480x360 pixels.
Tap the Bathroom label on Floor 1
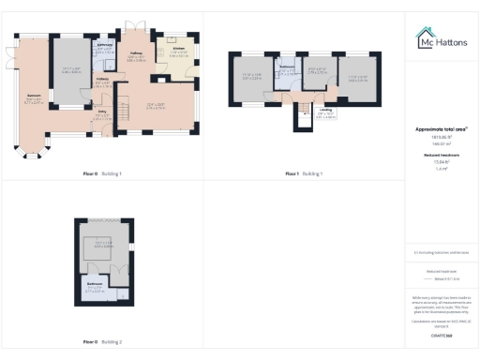point(288,68)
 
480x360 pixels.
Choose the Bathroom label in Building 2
point(95,284)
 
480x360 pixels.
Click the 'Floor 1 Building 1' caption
point(303,173)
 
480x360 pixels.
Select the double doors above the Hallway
point(131,25)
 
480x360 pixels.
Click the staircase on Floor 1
point(302,123)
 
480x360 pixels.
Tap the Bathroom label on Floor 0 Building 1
point(105,45)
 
